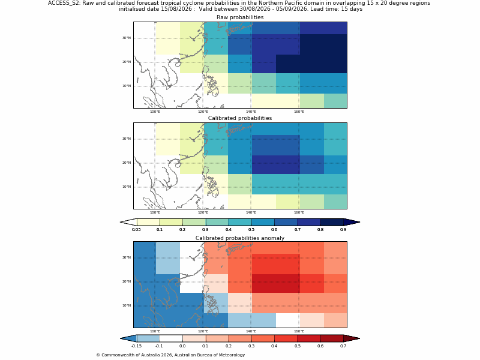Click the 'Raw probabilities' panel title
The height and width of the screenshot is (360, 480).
tap(240, 17)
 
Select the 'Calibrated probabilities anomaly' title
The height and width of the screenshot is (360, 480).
tap(240, 238)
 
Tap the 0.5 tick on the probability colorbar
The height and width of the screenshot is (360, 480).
tap(251, 230)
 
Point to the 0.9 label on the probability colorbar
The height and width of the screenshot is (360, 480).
tap(343, 230)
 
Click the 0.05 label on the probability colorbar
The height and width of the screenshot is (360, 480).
tap(136, 230)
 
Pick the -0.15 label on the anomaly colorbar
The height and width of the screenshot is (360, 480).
tap(136, 346)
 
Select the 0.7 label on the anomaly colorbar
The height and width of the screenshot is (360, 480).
tap(343, 346)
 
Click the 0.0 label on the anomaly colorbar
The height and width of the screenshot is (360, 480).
tap(182, 346)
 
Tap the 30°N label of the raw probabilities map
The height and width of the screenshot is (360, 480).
tap(127, 38)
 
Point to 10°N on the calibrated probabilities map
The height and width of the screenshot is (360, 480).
tap(127, 187)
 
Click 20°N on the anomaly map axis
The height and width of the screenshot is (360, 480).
tap(127, 281)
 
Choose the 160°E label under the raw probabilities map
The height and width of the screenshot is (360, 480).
tap(299, 112)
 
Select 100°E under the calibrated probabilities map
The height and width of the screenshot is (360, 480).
tap(155, 212)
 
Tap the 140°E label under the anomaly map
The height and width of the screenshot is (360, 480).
tap(251, 331)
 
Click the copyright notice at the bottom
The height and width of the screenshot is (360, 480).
tap(170, 355)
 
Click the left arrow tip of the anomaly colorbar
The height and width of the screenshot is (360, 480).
tap(121, 338)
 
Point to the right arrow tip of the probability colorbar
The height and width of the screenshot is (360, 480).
tap(360, 222)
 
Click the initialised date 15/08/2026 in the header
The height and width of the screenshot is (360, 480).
tap(177, 9)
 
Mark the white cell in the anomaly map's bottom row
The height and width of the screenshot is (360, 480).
tap(287, 320)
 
